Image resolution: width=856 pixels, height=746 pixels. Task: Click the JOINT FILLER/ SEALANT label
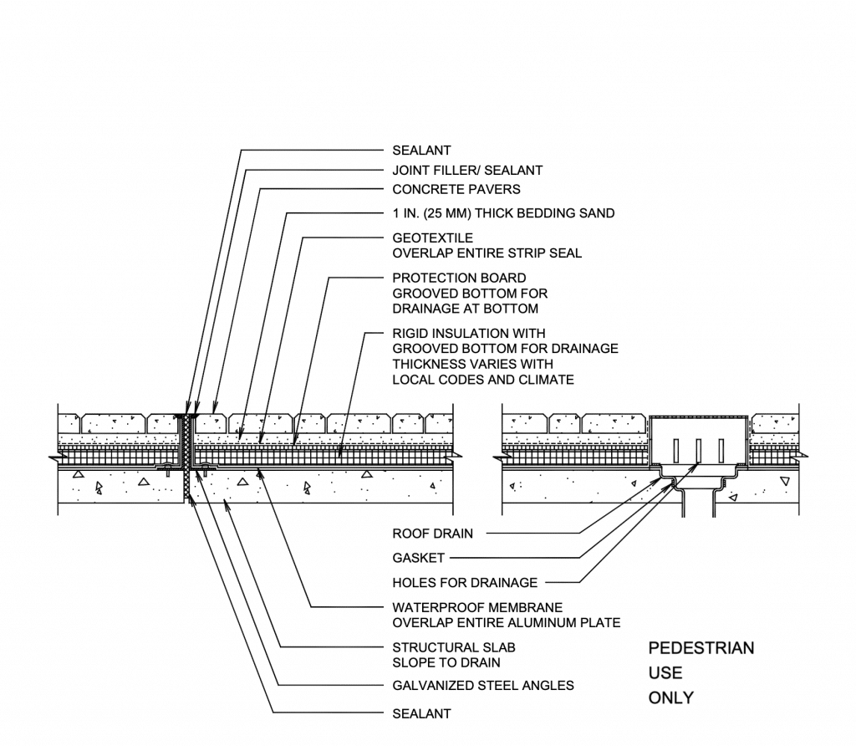(467, 170)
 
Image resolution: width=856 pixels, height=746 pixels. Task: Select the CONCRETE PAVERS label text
(456, 189)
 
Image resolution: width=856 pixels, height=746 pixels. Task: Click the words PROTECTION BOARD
(459, 278)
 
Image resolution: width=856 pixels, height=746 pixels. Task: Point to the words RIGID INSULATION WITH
(469, 333)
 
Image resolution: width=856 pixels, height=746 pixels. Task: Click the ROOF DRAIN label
(432, 533)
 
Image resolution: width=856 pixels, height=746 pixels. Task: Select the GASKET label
(419, 558)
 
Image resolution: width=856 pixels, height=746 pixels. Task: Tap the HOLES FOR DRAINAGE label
(465, 582)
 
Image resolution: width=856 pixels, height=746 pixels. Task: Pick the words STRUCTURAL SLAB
(454, 647)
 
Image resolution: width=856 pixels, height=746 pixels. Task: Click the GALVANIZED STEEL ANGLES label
(483, 686)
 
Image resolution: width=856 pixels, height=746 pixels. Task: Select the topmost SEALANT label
(421, 151)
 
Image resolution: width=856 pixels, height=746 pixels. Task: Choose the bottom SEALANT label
(421, 714)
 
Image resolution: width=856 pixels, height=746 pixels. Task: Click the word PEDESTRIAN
(701, 648)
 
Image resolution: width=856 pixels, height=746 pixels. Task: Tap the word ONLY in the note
(671, 697)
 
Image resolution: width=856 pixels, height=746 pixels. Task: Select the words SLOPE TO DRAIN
(446, 662)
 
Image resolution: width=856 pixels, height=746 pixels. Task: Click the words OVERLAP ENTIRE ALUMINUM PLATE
(507, 622)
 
